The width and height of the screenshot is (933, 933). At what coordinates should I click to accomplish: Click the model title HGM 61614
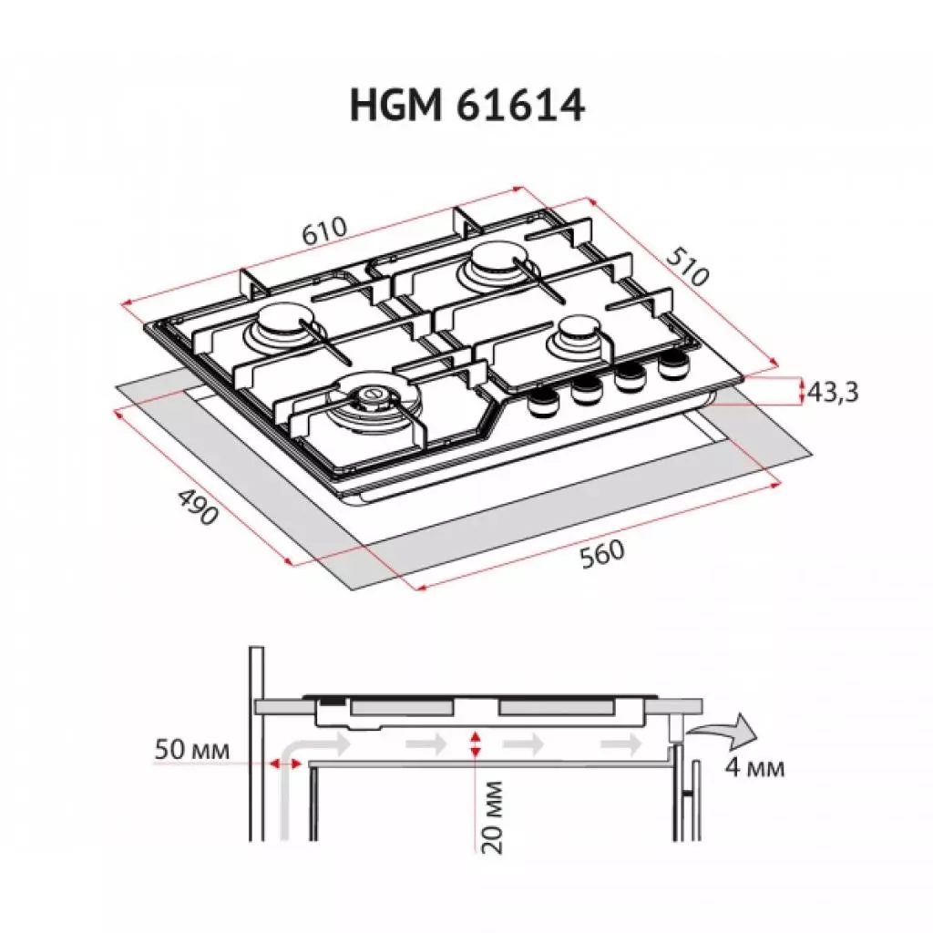[466, 106]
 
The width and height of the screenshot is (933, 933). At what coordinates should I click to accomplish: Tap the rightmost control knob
[672, 366]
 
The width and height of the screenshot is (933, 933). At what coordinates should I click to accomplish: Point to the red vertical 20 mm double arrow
[473, 743]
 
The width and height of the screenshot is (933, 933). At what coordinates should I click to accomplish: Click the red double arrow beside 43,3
[802, 393]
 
